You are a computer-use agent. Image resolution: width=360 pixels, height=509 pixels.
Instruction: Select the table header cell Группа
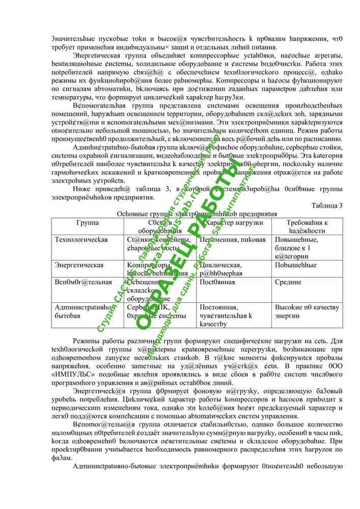tap(88, 223)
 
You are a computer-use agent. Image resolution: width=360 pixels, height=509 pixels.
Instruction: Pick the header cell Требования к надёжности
tap(307, 227)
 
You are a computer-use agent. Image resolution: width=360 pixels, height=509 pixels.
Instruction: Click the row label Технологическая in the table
tap(81, 240)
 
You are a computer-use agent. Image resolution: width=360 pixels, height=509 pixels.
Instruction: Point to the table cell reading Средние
tap(288, 281)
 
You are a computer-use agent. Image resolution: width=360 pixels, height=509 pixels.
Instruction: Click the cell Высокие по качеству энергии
tap(307, 312)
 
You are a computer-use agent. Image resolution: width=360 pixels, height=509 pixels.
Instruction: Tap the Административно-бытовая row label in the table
tap(81, 312)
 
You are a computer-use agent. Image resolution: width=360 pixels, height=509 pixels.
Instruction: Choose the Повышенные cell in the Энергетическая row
tap(292, 265)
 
